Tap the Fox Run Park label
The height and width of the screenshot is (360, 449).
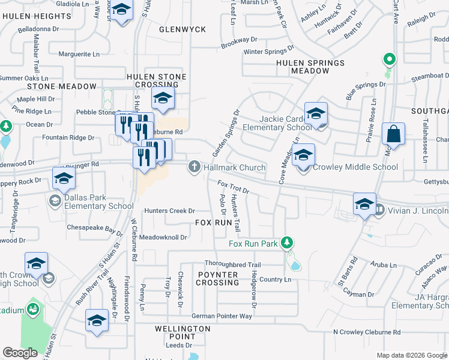point(253,244)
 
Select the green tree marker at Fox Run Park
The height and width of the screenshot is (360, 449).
point(288,242)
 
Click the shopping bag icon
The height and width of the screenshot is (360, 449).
point(393,134)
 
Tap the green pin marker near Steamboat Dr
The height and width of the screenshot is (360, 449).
point(389,60)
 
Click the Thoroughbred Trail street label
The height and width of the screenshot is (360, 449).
point(232,265)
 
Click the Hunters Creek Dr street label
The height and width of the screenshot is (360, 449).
point(170,211)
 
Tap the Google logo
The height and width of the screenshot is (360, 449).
point(20,353)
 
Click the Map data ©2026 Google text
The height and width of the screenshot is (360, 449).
point(411,355)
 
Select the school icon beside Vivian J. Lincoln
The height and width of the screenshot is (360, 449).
point(364,203)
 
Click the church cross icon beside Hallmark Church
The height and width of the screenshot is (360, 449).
point(194,167)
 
